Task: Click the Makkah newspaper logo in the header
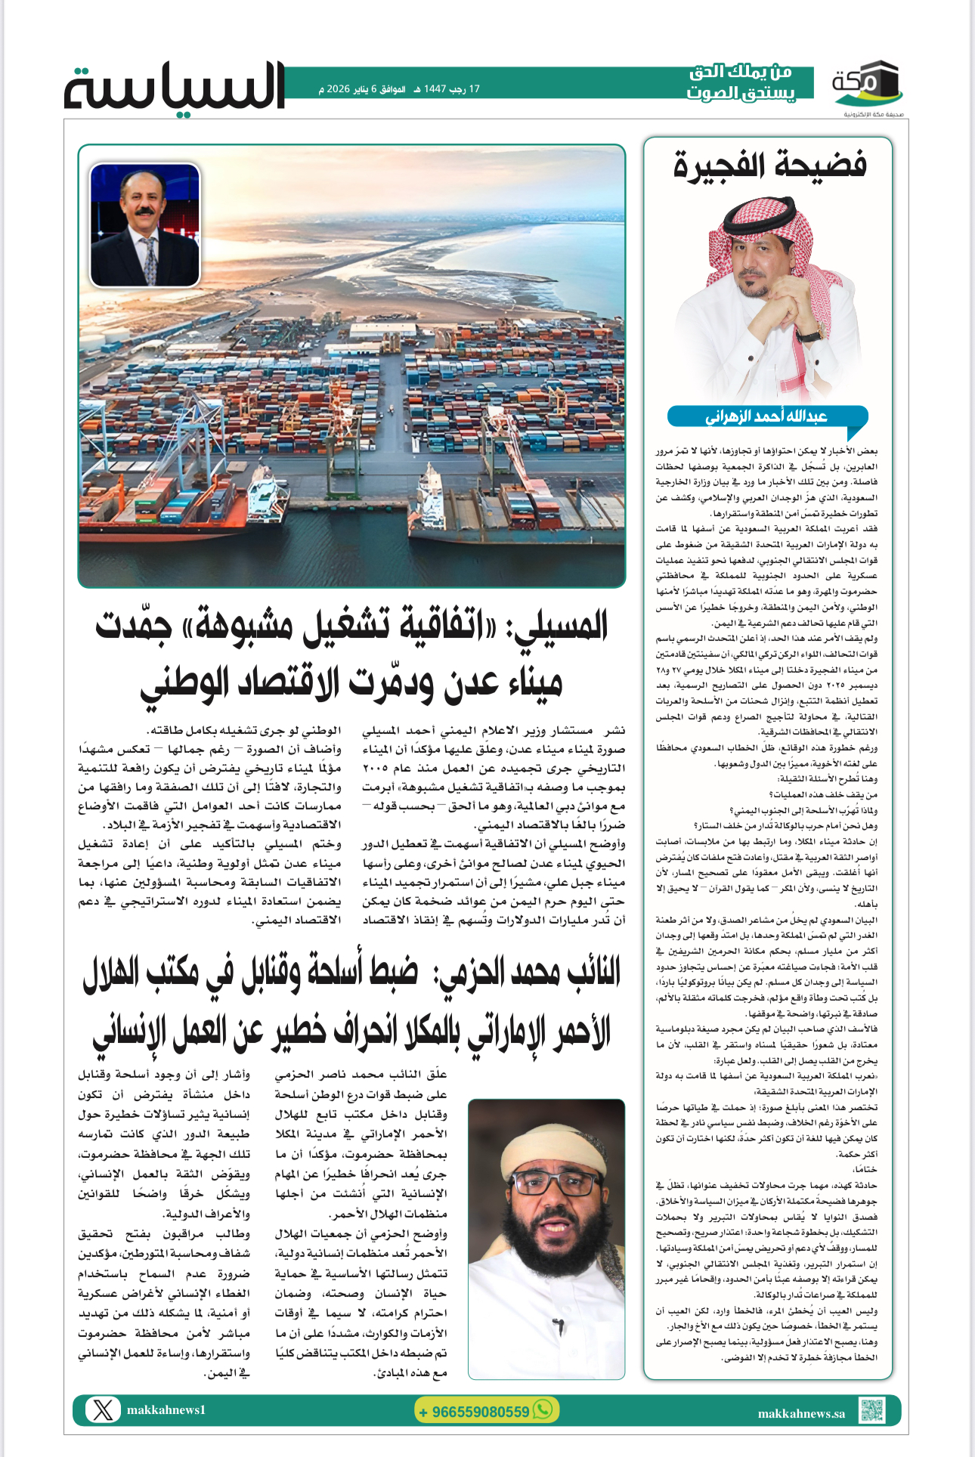(x=867, y=85)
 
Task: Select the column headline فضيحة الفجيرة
(x=769, y=165)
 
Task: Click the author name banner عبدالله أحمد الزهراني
(x=766, y=416)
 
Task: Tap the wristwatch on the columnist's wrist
(x=809, y=333)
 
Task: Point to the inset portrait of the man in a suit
(x=145, y=225)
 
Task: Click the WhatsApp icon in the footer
(x=543, y=1409)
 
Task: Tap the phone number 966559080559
(x=475, y=1412)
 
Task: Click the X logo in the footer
(x=104, y=1410)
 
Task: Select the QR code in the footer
(x=871, y=1410)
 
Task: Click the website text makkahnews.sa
(x=801, y=1413)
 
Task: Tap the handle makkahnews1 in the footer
(x=166, y=1410)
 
